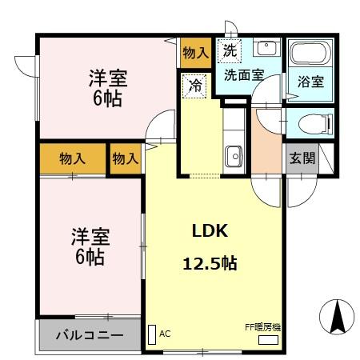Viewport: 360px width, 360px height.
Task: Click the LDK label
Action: coord(210,231)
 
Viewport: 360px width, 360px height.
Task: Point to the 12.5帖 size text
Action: coord(210,263)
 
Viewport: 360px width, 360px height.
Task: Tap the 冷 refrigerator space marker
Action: coord(194,86)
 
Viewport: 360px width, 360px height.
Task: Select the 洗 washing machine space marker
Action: coord(230,50)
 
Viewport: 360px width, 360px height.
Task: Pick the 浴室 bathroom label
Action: coord(310,81)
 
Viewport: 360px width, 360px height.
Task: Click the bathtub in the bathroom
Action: coord(310,54)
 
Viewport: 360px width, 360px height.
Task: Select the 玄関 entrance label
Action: coord(302,158)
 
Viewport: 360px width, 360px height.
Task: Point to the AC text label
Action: coord(165,334)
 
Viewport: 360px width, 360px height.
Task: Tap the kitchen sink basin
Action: coord(234,154)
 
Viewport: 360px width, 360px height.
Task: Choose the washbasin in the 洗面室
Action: coord(267,50)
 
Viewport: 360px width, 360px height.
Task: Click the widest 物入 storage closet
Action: coord(72,158)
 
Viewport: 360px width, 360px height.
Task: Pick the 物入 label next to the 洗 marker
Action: coord(195,52)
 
